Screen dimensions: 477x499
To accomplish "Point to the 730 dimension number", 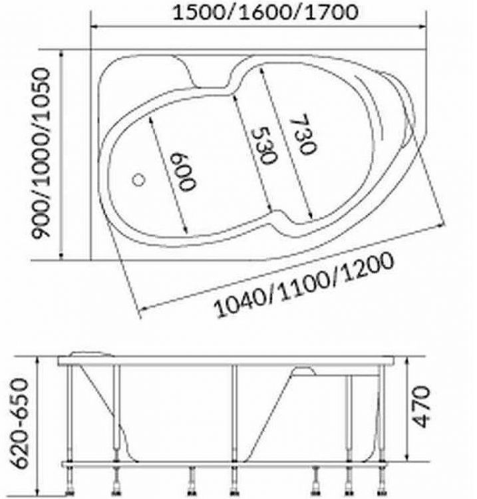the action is pyautogui.click(x=303, y=134).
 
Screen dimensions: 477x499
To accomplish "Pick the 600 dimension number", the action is pyautogui.click(x=183, y=172).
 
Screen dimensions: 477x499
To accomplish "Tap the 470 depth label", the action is pyautogui.click(x=422, y=407).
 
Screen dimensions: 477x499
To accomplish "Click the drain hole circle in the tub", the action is pyautogui.click(x=139, y=180).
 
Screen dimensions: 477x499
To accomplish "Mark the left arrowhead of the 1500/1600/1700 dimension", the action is pyautogui.click(x=95, y=27).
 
